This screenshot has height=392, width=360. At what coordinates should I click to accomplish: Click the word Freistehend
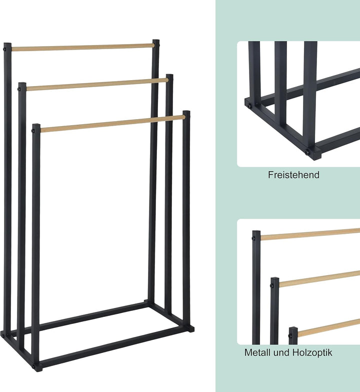[x=293, y=175]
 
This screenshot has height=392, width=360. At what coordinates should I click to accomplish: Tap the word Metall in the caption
[x=257, y=352]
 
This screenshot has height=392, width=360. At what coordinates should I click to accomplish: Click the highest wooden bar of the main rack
[x=83, y=47]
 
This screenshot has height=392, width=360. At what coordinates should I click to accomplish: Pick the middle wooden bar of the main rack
[x=97, y=85]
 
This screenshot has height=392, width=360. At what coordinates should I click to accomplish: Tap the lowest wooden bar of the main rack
[x=113, y=124]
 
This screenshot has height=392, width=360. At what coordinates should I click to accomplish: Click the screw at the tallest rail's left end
[x=4, y=49]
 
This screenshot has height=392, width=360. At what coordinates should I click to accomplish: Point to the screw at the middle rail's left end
[x=19, y=89]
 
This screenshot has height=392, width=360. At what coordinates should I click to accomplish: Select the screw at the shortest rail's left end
[x=33, y=130]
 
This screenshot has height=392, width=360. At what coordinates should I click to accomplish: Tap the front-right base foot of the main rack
[x=189, y=328]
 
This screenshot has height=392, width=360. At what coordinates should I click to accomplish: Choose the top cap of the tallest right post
[x=156, y=41]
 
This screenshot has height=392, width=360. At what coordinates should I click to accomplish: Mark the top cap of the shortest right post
[x=186, y=112]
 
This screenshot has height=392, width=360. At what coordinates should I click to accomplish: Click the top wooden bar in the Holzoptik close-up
[x=310, y=234]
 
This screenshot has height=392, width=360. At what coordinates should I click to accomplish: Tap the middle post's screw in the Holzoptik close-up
[x=272, y=286]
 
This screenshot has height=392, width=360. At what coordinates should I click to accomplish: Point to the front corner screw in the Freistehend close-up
[x=307, y=152]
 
